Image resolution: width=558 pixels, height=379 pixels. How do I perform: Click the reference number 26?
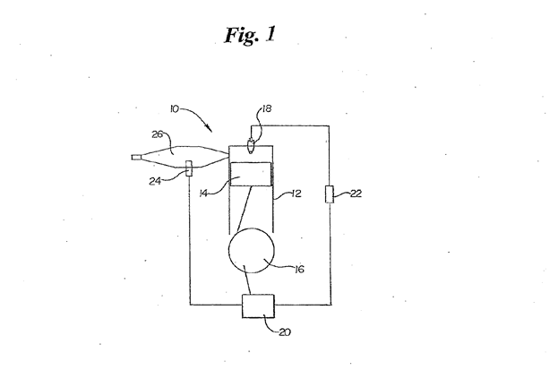pyautogui.click(x=158, y=135)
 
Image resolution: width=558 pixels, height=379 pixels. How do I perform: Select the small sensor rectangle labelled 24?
pyautogui.click(x=189, y=168)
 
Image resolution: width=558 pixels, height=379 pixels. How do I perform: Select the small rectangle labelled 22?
pyautogui.click(x=330, y=194)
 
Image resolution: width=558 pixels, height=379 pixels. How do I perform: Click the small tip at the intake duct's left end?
pyautogui.click(x=135, y=159)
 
